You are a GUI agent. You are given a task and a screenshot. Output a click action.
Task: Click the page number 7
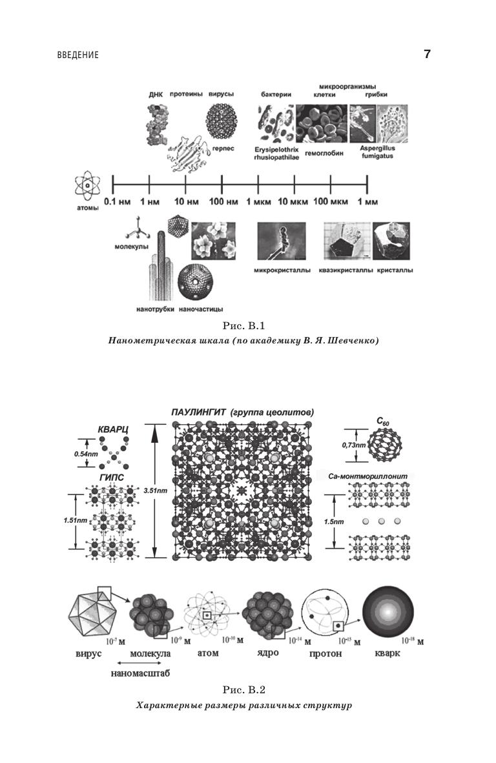[x=427, y=54]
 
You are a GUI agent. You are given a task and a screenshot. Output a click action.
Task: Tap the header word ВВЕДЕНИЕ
[x=77, y=56]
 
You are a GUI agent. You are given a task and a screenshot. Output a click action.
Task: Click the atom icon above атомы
[x=86, y=187]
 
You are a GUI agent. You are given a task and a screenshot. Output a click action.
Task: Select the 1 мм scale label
[x=367, y=203]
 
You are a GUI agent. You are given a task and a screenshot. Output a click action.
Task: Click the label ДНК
[x=154, y=94]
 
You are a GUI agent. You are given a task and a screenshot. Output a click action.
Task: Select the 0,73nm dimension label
[x=355, y=445]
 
